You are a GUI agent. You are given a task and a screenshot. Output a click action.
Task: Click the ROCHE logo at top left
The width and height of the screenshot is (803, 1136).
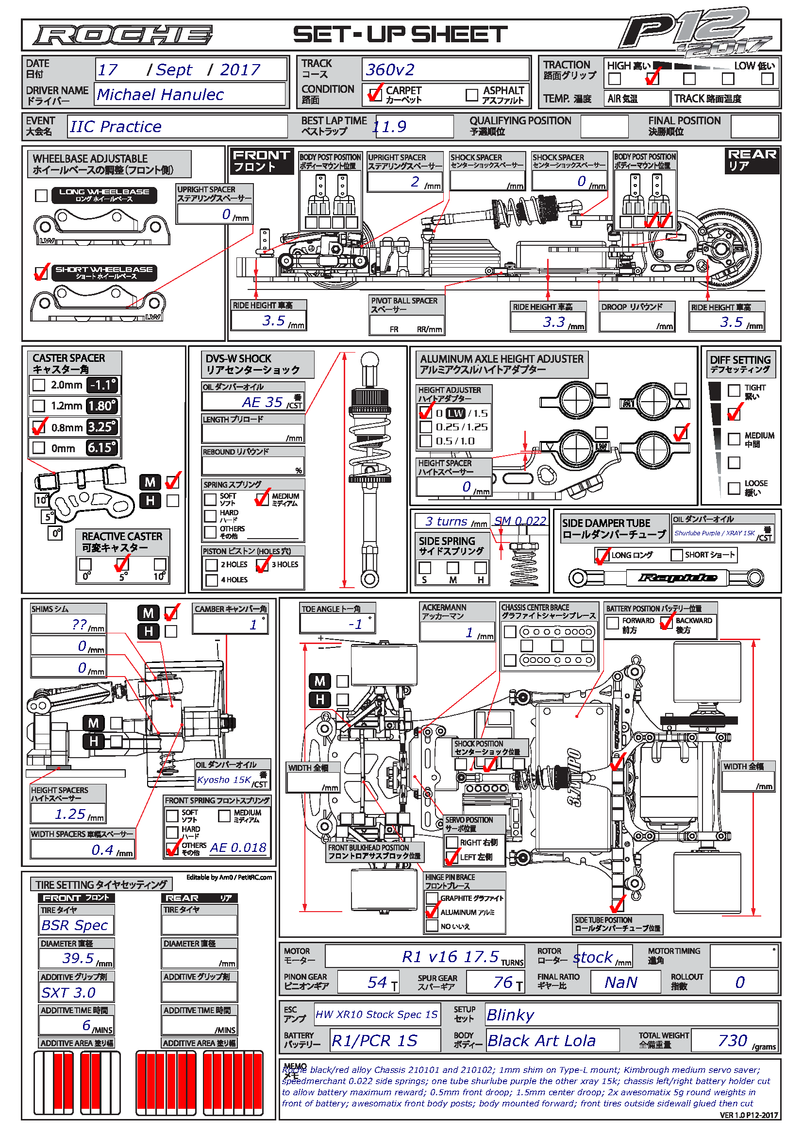click(x=123, y=35)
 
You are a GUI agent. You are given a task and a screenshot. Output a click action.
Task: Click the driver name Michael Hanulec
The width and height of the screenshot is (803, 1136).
click(x=160, y=95)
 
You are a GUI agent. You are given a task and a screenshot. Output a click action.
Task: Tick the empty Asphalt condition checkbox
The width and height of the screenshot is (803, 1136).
click(x=472, y=95)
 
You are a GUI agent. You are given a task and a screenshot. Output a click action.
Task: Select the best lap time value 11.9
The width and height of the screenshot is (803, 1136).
click(x=390, y=127)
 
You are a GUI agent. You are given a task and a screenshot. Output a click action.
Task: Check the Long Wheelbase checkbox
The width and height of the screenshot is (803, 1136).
click(x=42, y=195)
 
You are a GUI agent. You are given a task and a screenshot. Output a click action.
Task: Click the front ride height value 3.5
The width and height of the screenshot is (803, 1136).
click(x=273, y=321)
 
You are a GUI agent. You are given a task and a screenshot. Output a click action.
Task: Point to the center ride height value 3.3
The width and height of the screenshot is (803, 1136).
click(x=553, y=322)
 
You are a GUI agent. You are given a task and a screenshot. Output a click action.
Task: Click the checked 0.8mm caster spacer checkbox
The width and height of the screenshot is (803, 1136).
click(x=38, y=427)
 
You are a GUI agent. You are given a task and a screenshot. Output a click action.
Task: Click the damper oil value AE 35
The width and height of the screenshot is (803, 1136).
click(x=262, y=402)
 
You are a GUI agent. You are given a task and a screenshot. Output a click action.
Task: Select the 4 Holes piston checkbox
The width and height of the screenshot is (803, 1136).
click(x=212, y=580)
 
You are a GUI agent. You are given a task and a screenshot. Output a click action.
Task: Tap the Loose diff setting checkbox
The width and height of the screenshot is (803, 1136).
click(x=734, y=488)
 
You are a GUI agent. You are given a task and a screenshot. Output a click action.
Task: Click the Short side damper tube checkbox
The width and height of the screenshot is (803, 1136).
click(x=676, y=555)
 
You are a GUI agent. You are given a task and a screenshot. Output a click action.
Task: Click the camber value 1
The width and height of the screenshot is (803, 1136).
click(x=253, y=625)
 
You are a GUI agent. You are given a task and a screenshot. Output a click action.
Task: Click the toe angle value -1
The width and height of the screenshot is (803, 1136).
click(x=355, y=624)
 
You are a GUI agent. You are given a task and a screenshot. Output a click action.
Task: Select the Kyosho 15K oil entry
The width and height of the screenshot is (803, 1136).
click(x=223, y=780)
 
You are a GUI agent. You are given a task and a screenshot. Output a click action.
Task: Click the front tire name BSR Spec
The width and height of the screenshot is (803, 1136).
click(x=75, y=925)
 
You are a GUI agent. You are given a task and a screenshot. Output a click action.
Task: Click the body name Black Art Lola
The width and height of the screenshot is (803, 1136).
click(x=541, y=1041)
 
